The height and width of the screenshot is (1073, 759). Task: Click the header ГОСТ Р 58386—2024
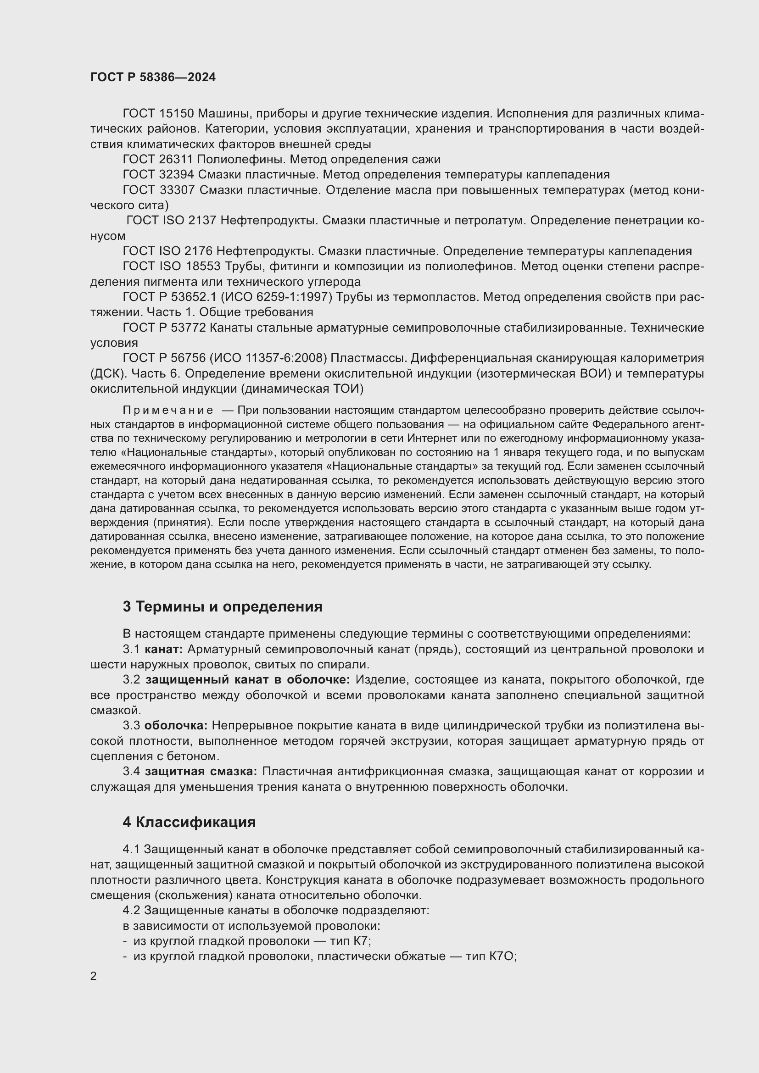tap(153, 78)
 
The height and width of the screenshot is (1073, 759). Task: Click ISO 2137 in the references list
tap(189, 221)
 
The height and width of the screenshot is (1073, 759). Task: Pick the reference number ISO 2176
tap(186, 251)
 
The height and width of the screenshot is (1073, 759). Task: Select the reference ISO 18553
tap(190, 267)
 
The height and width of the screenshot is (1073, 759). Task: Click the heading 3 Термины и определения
tap(223, 606)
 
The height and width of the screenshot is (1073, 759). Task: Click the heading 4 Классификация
tap(189, 822)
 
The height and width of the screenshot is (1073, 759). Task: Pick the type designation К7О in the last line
tap(502, 956)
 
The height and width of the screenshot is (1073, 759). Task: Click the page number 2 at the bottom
tap(94, 976)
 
